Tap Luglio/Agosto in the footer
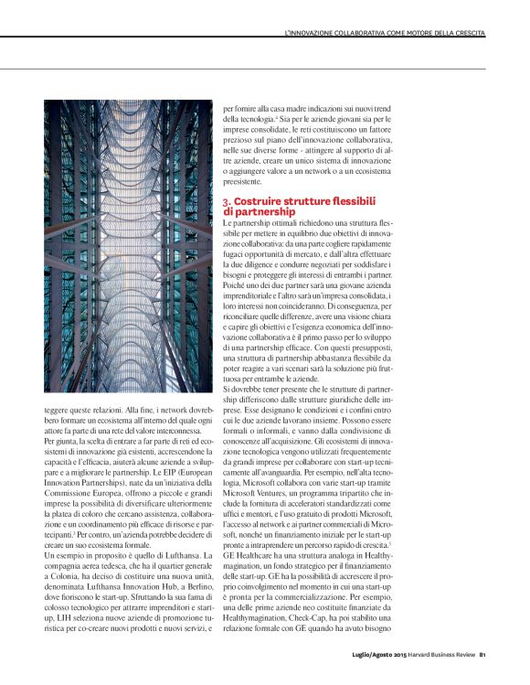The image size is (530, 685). [373, 654]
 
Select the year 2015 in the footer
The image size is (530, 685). [406, 654]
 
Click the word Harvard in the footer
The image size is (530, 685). [432, 654]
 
